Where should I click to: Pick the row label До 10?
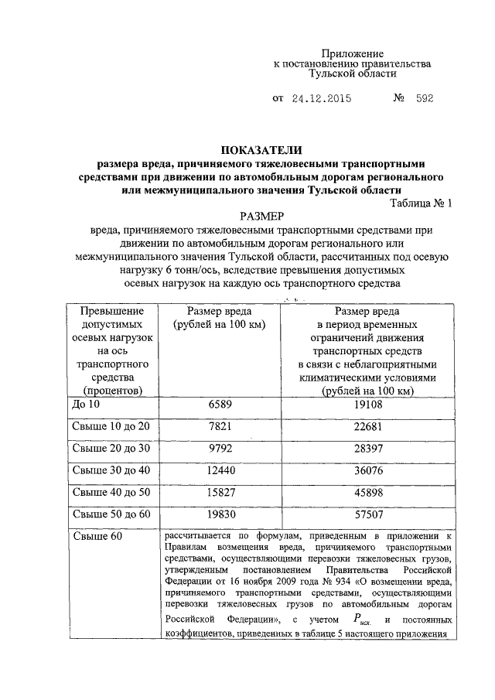pos(86,405)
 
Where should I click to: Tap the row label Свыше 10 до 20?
pos(111,426)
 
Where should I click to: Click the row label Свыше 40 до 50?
pos(111,491)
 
